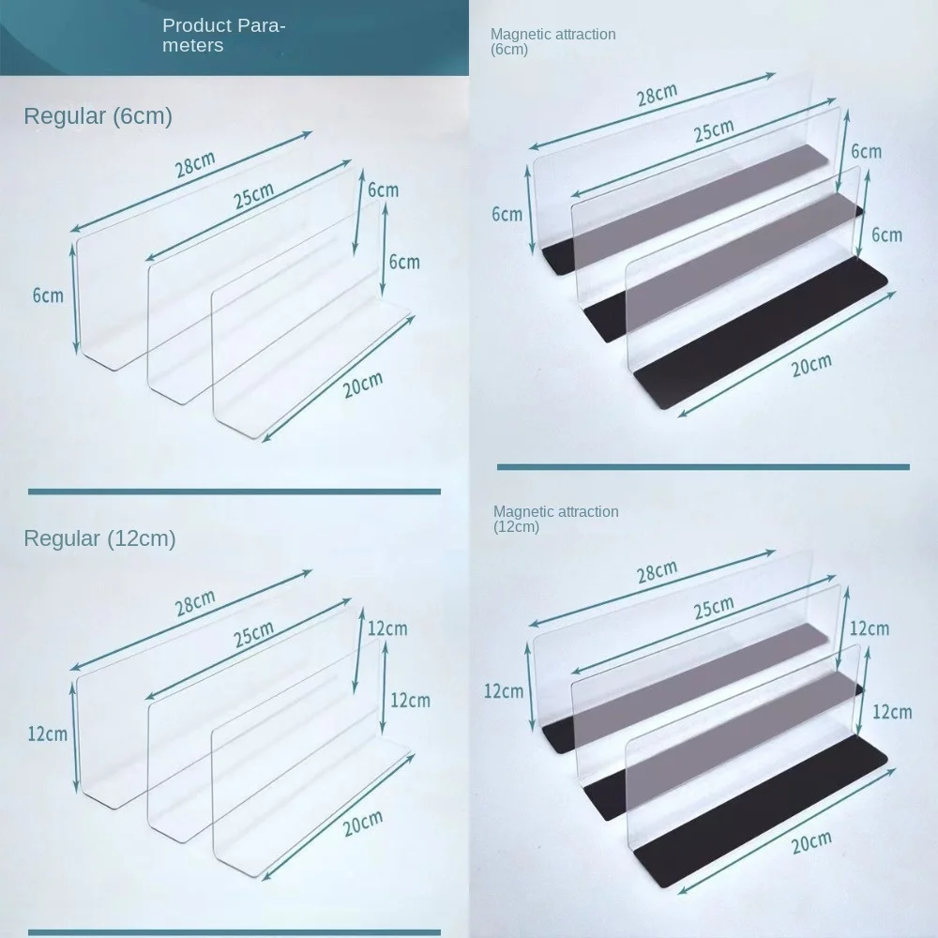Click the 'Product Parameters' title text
(223, 36)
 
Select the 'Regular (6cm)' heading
(98, 117)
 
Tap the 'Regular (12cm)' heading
(99, 538)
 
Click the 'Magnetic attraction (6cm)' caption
(552, 41)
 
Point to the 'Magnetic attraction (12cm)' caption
(555, 519)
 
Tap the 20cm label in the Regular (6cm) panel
(363, 384)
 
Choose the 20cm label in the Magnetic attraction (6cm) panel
(810, 364)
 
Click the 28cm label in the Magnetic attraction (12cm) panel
(657, 573)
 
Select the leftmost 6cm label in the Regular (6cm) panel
(48, 295)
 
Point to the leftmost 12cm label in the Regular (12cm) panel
(49, 733)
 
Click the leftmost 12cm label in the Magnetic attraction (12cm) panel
(504, 691)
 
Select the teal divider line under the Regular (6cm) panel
(234, 491)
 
